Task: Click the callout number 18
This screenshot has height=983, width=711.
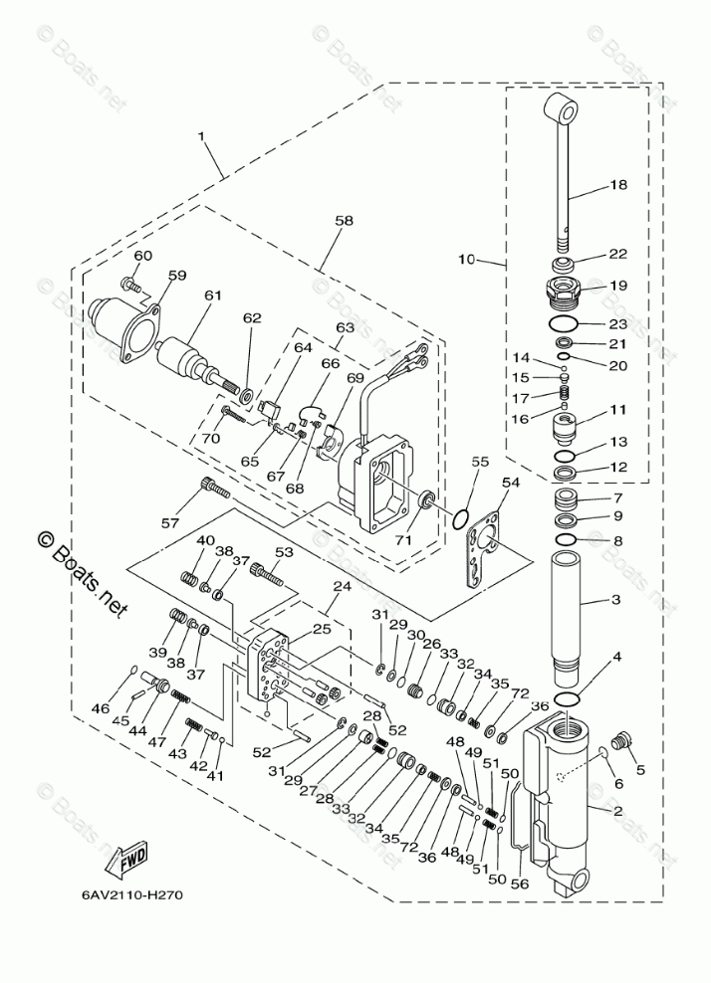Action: [617, 185]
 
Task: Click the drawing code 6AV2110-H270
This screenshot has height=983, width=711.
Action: [132, 893]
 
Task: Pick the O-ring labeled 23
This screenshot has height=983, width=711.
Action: [563, 323]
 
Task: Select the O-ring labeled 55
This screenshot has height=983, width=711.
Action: [460, 518]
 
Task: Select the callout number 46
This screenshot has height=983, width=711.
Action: [100, 708]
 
